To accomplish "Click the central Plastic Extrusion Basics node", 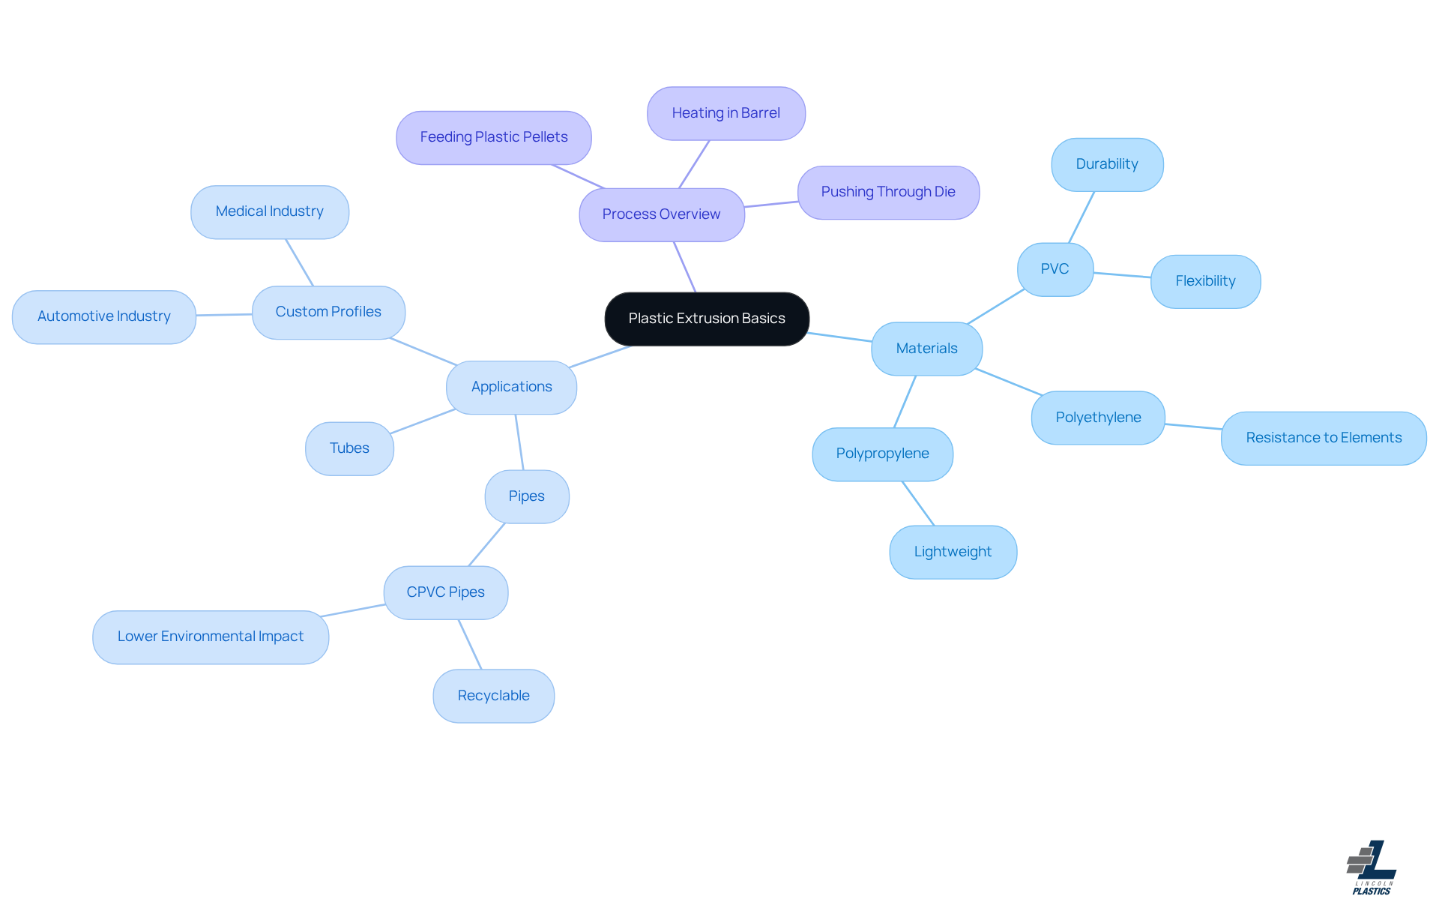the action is coord(707,319).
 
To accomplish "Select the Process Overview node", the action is coord(661,214).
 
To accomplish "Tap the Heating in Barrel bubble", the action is coord(725,113).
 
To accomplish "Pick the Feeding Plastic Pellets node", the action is coord(493,137).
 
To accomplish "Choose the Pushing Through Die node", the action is coord(887,192).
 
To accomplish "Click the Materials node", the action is coord(926,349).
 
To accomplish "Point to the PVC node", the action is coord(1055,269).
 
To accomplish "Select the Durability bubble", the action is coord(1106,164).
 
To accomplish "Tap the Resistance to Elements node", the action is coord(1323,438).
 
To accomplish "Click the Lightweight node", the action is coord(952,552).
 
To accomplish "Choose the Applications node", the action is coord(511,387).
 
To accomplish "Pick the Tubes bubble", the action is coord(349,448).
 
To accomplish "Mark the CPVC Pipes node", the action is coord(445,592).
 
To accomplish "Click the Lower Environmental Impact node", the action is coord(210,637).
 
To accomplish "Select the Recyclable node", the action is coord(493,696).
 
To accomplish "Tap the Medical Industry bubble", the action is coord(269,212).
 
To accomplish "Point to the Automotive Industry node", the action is coord(103,316).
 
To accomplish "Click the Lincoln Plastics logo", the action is coord(1372,868).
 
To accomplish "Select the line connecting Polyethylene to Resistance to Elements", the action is coord(1193,427).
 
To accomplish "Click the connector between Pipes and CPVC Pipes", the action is coord(486,544).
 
